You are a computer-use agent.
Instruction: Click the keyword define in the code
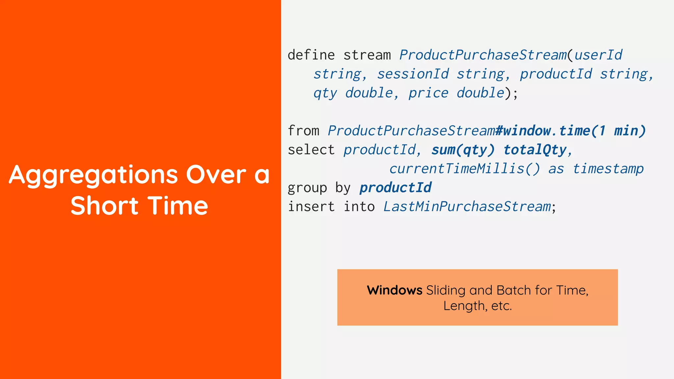tap(311, 55)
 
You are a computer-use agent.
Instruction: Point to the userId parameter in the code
tap(598, 55)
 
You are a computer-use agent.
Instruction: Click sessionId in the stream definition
tap(413, 74)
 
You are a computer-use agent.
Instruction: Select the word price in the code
tap(428, 93)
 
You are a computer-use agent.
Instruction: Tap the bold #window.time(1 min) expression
tap(570, 131)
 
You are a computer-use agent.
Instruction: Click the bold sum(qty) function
tap(463, 150)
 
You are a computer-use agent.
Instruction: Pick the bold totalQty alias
tap(535, 150)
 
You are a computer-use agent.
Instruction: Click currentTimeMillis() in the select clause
tap(464, 169)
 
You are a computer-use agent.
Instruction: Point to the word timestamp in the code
tap(608, 169)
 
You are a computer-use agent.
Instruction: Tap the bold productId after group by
tap(395, 188)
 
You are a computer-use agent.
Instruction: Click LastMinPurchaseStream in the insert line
tap(467, 207)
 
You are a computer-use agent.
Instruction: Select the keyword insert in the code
tap(311, 207)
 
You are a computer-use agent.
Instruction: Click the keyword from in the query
tap(303, 131)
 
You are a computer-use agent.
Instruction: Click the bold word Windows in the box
tap(394, 291)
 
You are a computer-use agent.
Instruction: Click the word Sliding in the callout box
tap(446, 291)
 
